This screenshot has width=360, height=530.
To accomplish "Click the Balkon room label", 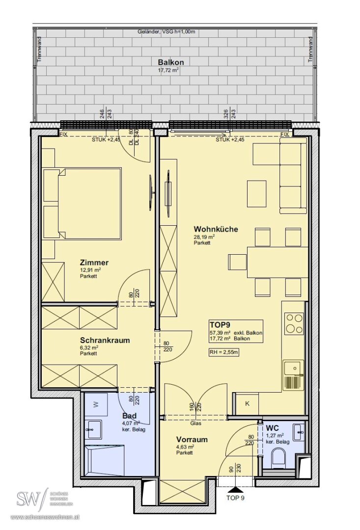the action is click(171, 62).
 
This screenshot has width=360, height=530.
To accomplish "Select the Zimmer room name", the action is click(94, 262).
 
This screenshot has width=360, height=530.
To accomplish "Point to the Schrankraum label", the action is click(105, 340).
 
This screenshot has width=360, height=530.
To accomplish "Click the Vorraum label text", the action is click(192, 439).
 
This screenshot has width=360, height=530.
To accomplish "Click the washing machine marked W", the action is click(96, 404).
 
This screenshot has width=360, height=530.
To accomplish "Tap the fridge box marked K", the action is click(247, 404).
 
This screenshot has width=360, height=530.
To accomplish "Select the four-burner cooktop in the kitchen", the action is click(294, 323).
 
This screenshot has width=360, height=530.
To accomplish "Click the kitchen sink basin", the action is click(293, 368).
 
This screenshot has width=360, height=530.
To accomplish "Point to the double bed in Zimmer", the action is click(82, 204).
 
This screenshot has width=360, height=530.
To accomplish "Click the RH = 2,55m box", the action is click(224, 352).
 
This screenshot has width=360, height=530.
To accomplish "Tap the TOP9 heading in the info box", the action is click(220, 325).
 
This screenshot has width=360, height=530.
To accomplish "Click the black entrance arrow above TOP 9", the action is click(236, 490).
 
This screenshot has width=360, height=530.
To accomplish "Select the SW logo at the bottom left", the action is click(31, 498).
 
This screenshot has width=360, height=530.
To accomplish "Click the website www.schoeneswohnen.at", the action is click(45, 517).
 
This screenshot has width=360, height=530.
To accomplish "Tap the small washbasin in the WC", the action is click(299, 431).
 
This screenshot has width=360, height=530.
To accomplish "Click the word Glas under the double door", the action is click(195, 423).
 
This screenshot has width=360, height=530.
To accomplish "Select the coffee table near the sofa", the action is click(256, 194).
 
